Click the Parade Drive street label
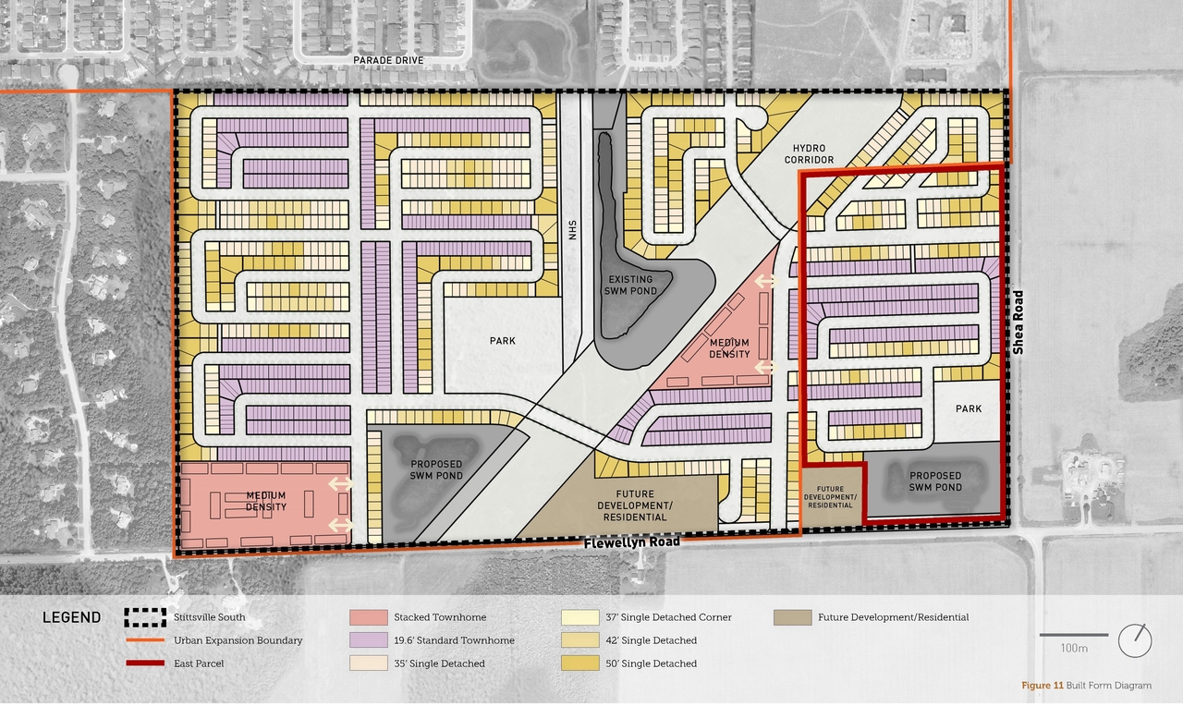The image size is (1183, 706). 388,60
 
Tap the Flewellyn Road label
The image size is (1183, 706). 631,542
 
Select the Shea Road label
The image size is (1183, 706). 1018,323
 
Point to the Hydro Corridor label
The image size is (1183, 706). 813,154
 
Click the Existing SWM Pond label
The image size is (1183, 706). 629,285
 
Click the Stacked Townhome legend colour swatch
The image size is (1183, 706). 368,617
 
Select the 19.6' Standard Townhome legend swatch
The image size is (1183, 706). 368,640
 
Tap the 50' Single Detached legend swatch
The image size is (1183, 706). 579,663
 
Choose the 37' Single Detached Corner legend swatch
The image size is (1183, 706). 579,617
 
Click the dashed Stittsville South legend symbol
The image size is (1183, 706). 144,617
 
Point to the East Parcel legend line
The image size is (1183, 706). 144,663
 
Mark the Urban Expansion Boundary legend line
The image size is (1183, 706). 144,640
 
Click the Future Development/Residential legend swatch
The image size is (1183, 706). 791,617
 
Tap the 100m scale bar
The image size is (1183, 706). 1074,635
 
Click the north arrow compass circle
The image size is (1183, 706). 1135,640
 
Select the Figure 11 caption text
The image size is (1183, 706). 1086,686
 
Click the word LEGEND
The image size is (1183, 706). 71,618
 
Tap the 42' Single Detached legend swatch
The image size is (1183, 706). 579,640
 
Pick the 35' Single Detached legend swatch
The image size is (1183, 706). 368,663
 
